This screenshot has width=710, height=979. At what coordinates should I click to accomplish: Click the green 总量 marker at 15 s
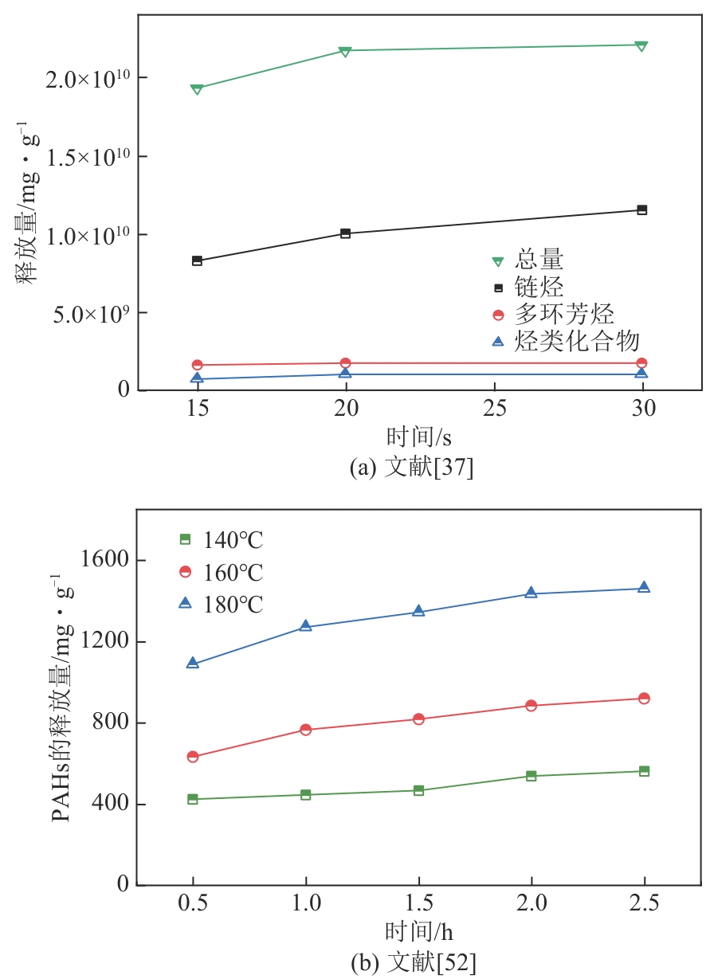click(197, 89)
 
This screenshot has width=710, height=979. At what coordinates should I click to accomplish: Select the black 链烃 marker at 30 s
click(642, 210)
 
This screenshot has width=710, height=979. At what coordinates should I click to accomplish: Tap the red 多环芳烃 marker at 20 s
click(345, 363)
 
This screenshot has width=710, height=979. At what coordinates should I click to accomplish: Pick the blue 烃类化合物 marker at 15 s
click(197, 378)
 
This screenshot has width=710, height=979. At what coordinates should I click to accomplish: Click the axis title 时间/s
click(414, 437)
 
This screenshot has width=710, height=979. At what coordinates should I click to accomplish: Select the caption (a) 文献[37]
click(412, 468)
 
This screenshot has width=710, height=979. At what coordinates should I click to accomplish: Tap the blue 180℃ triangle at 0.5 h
click(193, 663)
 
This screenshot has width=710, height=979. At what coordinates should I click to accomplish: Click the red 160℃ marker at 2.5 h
click(644, 699)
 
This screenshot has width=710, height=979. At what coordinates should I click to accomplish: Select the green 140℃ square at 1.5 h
click(418, 790)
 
